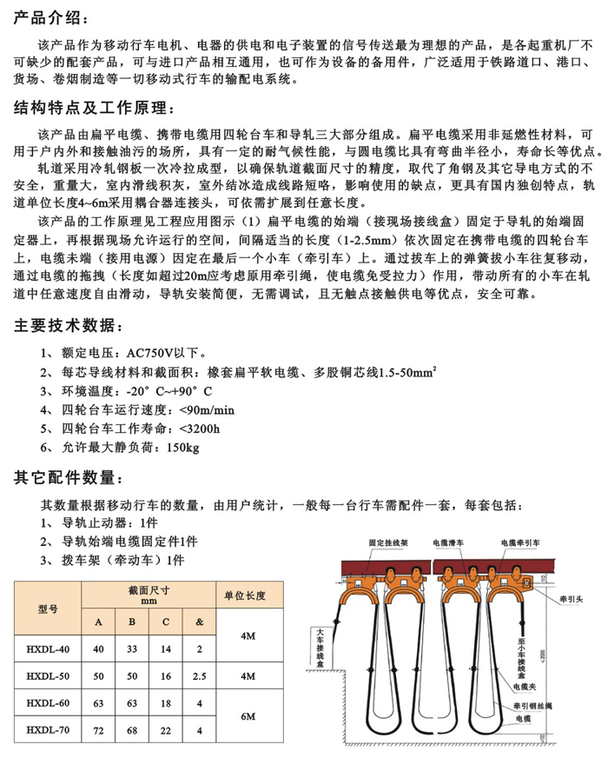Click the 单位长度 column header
click(245, 595)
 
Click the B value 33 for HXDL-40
click(131, 648)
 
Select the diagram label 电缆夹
click(523, 687)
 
